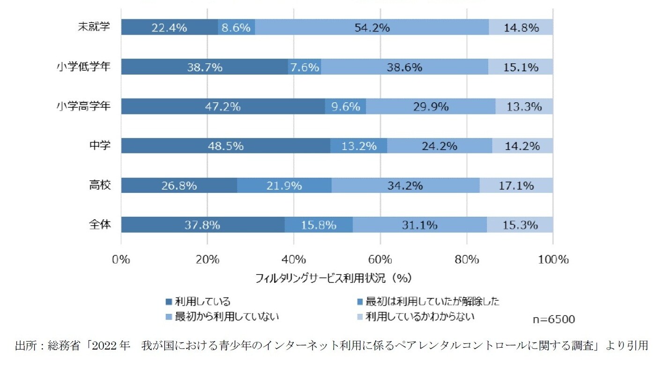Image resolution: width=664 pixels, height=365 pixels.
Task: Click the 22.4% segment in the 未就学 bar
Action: click(169, 27)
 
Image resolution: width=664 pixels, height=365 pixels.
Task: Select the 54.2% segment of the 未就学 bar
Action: click(372, 27)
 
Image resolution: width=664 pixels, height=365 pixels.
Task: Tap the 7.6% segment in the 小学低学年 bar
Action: click(305, 67)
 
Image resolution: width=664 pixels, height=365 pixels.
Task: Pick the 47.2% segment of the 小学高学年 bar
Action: click(223, 106)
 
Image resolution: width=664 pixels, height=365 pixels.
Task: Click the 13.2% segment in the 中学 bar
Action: click(359, 146)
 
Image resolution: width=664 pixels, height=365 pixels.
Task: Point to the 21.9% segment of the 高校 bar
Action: click(284, 185)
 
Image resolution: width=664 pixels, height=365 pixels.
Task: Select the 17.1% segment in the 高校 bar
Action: click(516, 185)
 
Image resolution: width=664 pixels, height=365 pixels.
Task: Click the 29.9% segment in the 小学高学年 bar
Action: click(430, 106)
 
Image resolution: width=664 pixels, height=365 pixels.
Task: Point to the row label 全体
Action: click(100, 224)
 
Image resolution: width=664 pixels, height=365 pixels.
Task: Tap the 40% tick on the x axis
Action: click(294, 259)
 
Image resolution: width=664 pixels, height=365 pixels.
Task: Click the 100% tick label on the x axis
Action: click(553, 259)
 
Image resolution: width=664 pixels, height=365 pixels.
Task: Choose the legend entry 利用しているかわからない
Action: click(419, 316)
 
